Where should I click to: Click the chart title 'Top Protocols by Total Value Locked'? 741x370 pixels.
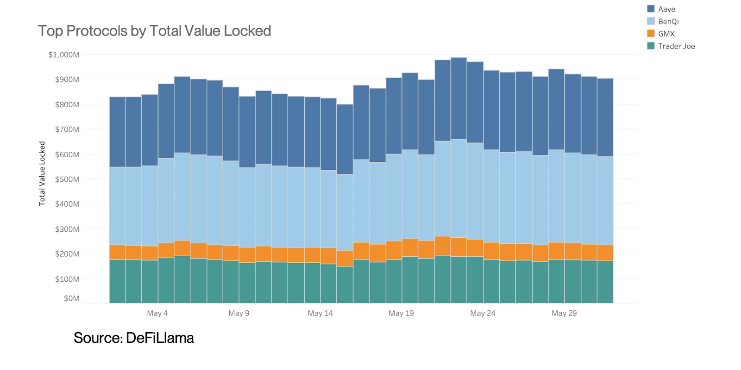[x=154, y=31]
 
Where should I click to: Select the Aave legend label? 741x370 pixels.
[x=666, y=9]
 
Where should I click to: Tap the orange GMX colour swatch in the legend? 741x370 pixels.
[x=651, y=33]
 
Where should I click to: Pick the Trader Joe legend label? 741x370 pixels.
[x=676, y=46]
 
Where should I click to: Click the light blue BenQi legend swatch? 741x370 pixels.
[x=651, y=21]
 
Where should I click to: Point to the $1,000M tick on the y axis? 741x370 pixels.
[x=64, y=55]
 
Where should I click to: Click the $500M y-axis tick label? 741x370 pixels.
[x=67, y=179]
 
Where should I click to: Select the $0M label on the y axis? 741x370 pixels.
[x=71, y=298]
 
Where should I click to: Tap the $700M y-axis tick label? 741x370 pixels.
[x=67, y=129]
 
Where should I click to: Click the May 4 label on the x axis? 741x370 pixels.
[x=157, y=313]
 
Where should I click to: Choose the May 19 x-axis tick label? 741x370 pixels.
[x=401, y=313]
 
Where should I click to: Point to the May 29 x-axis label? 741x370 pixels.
[x=564, y=313]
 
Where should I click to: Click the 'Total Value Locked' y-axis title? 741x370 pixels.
[x=42, y=173]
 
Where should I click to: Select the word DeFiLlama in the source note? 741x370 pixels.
[x=160, y=338]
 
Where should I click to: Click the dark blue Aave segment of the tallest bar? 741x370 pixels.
[x=458, y=98]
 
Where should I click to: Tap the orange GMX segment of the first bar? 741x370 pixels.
[x=117, y=252]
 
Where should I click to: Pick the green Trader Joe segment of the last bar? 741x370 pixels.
[x=605, y=282]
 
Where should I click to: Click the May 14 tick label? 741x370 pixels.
[x=320, y=313]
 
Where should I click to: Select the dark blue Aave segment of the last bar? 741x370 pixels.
[x=605, y=117]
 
